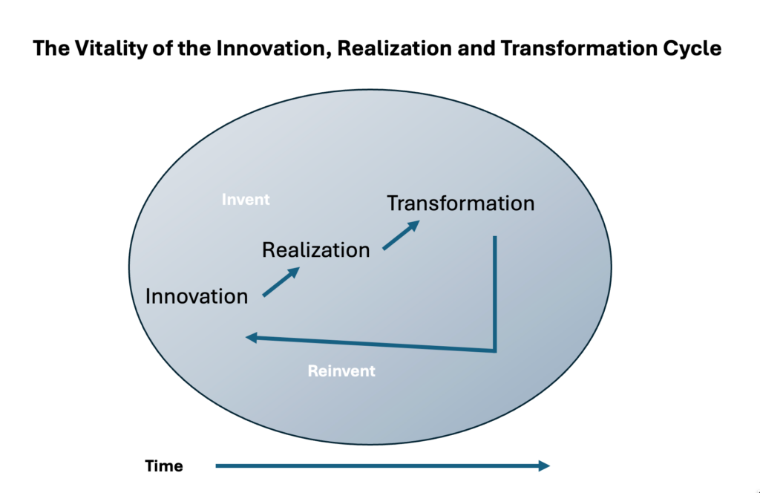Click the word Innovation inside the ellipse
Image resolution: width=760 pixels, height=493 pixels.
click(x=197, y=296)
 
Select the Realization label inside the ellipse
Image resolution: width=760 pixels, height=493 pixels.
click(x=315, y=250)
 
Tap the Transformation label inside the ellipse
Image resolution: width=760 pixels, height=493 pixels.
click(x=460, y=203)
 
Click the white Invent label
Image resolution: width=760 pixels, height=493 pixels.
click(x=246, y=200)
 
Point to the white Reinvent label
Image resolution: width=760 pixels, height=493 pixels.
click(x=341, y=370)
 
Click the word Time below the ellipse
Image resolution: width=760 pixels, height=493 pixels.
click(x=164, y=466)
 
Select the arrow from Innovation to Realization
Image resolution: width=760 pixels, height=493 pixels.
click(x=281, y=282)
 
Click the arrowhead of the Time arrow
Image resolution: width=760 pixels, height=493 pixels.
click(x=543, y=466)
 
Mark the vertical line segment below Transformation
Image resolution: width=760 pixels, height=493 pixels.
click(x=494, y=290)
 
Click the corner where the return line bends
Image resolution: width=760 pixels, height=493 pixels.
click(x=494, y=350)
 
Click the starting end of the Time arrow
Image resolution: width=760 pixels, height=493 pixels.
click(x=217, y=466)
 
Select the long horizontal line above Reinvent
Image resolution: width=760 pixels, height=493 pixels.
click(x=371, y=344)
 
